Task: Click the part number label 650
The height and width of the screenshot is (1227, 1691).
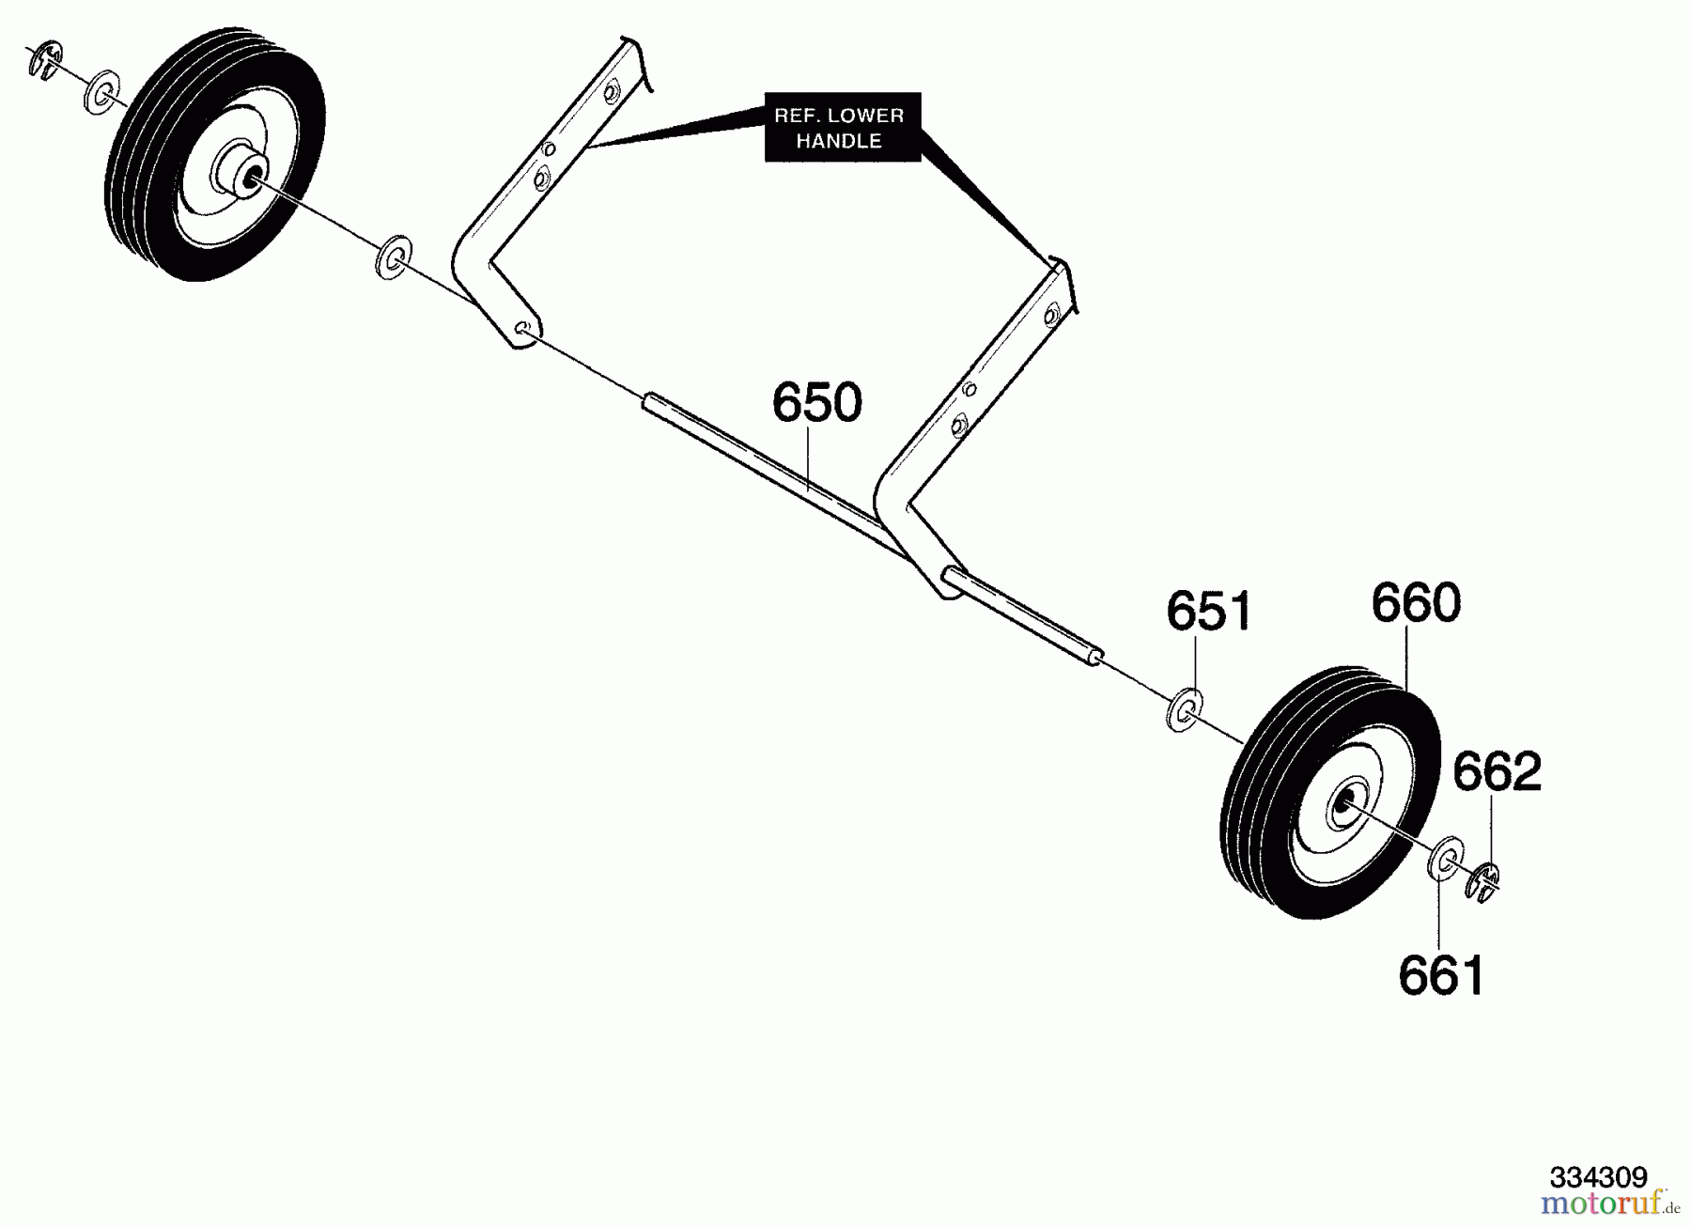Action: (x=816, y=402)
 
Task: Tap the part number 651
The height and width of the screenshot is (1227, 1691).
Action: (x=1208, y=612)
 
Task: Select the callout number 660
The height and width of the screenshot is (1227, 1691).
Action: (x=1416, y=603)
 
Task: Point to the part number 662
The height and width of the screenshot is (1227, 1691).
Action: (x=1497, y=771)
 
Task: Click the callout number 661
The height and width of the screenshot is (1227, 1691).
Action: (x=1441, y=975)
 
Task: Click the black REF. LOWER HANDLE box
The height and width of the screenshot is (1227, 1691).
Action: (x=843, y=127)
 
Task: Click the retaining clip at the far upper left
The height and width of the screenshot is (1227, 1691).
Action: (x=45, y=61)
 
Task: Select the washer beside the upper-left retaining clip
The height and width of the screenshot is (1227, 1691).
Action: (x=101, y=91)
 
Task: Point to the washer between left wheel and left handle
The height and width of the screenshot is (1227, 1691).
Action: (x=394, y=256)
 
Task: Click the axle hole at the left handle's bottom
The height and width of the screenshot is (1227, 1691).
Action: (x=522, y=328)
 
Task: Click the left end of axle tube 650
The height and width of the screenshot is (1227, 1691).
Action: (x=647, y=404)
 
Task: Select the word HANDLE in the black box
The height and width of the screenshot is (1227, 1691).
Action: (x=839, y=141)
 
